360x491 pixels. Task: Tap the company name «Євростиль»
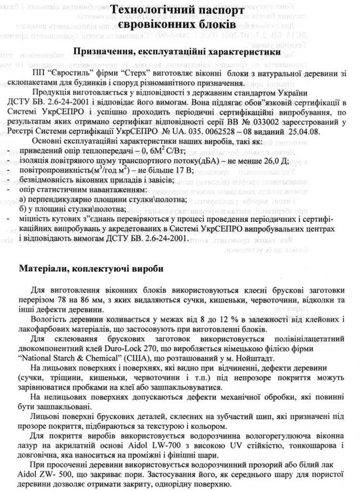76,75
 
